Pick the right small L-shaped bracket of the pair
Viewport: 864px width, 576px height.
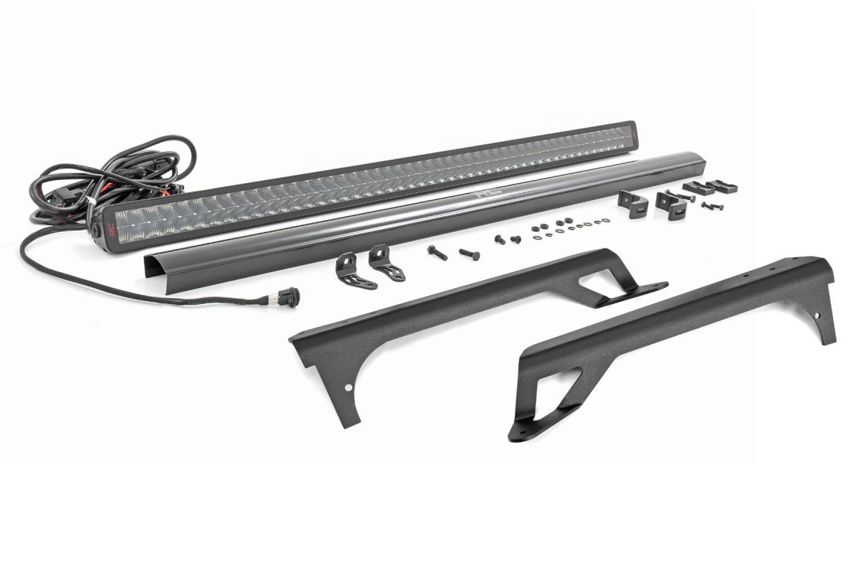pyautogui.click(x=386, y=263)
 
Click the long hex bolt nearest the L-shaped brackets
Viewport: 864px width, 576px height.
pyautogui.click(x=437, y=252)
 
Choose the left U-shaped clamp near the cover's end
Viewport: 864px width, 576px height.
pyautogui.click(x=634, y=203)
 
